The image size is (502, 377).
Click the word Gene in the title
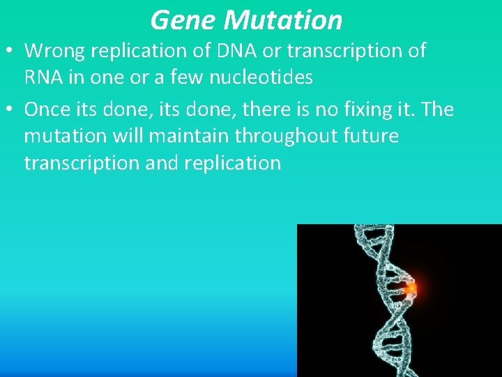pos(183,20)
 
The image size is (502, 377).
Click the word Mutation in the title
pos(283,20)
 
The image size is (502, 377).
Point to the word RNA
pos(44,77)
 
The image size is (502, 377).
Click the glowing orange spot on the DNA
pos(411,286)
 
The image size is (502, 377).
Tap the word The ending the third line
pos(437,110)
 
